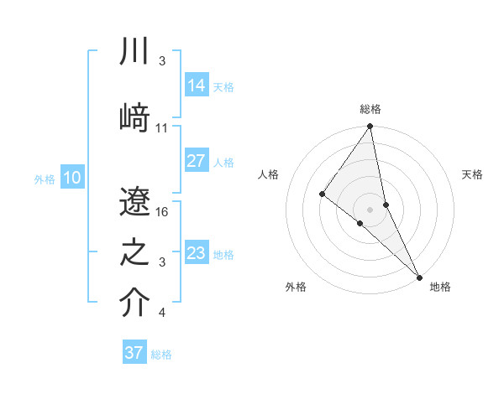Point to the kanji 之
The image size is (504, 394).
click(x=135, y=251)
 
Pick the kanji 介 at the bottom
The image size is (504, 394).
click(x=135, y=303)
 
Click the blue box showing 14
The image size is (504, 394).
click(x=196, y=86)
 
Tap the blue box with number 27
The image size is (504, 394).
click(x=196, y=161)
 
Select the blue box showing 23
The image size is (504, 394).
click(x=196, y=253)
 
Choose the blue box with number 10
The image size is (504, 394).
click(x=71, y=178)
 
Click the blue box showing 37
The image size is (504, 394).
click(x=134, y=353)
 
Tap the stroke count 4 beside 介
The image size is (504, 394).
click(x=162, y=313)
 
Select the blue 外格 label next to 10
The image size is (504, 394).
click(x=45, y=179)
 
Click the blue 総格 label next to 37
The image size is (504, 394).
click(x=161, y=355)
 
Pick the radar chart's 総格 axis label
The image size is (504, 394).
click(x=370, y=109)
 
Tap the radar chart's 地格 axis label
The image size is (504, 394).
click(x=440, y=287)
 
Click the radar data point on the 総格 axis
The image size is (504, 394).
click(x=370, y=127)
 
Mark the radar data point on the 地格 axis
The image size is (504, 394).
click(x=419, y=276)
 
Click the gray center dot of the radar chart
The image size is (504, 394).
click(x=370, y=209)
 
